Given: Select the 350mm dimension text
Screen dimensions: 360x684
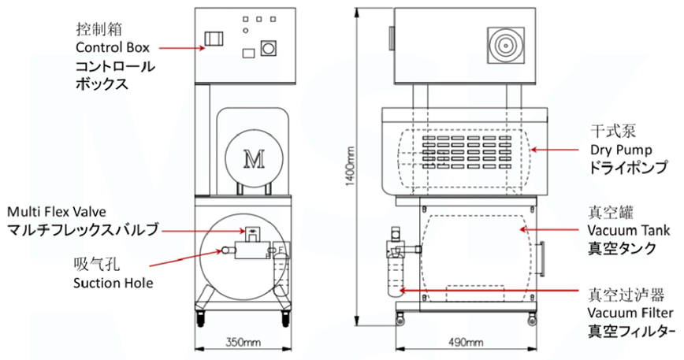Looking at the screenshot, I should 244,343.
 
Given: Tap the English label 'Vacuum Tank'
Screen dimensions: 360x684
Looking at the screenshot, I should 628,230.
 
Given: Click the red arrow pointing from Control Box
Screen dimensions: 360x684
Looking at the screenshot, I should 181,48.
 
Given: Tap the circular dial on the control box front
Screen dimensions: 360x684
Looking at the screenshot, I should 269,49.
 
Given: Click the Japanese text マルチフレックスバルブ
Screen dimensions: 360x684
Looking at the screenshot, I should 84,230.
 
